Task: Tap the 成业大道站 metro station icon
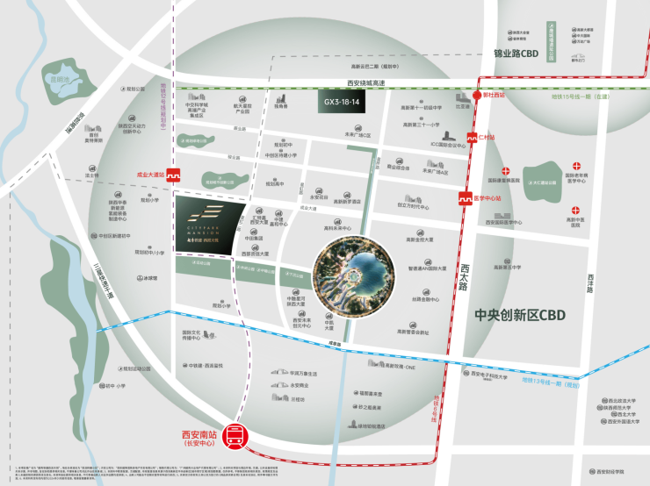(x=174, y=175)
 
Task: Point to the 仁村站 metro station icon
(x=471, y=139)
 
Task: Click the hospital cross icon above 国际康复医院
(x=505, y=172)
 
